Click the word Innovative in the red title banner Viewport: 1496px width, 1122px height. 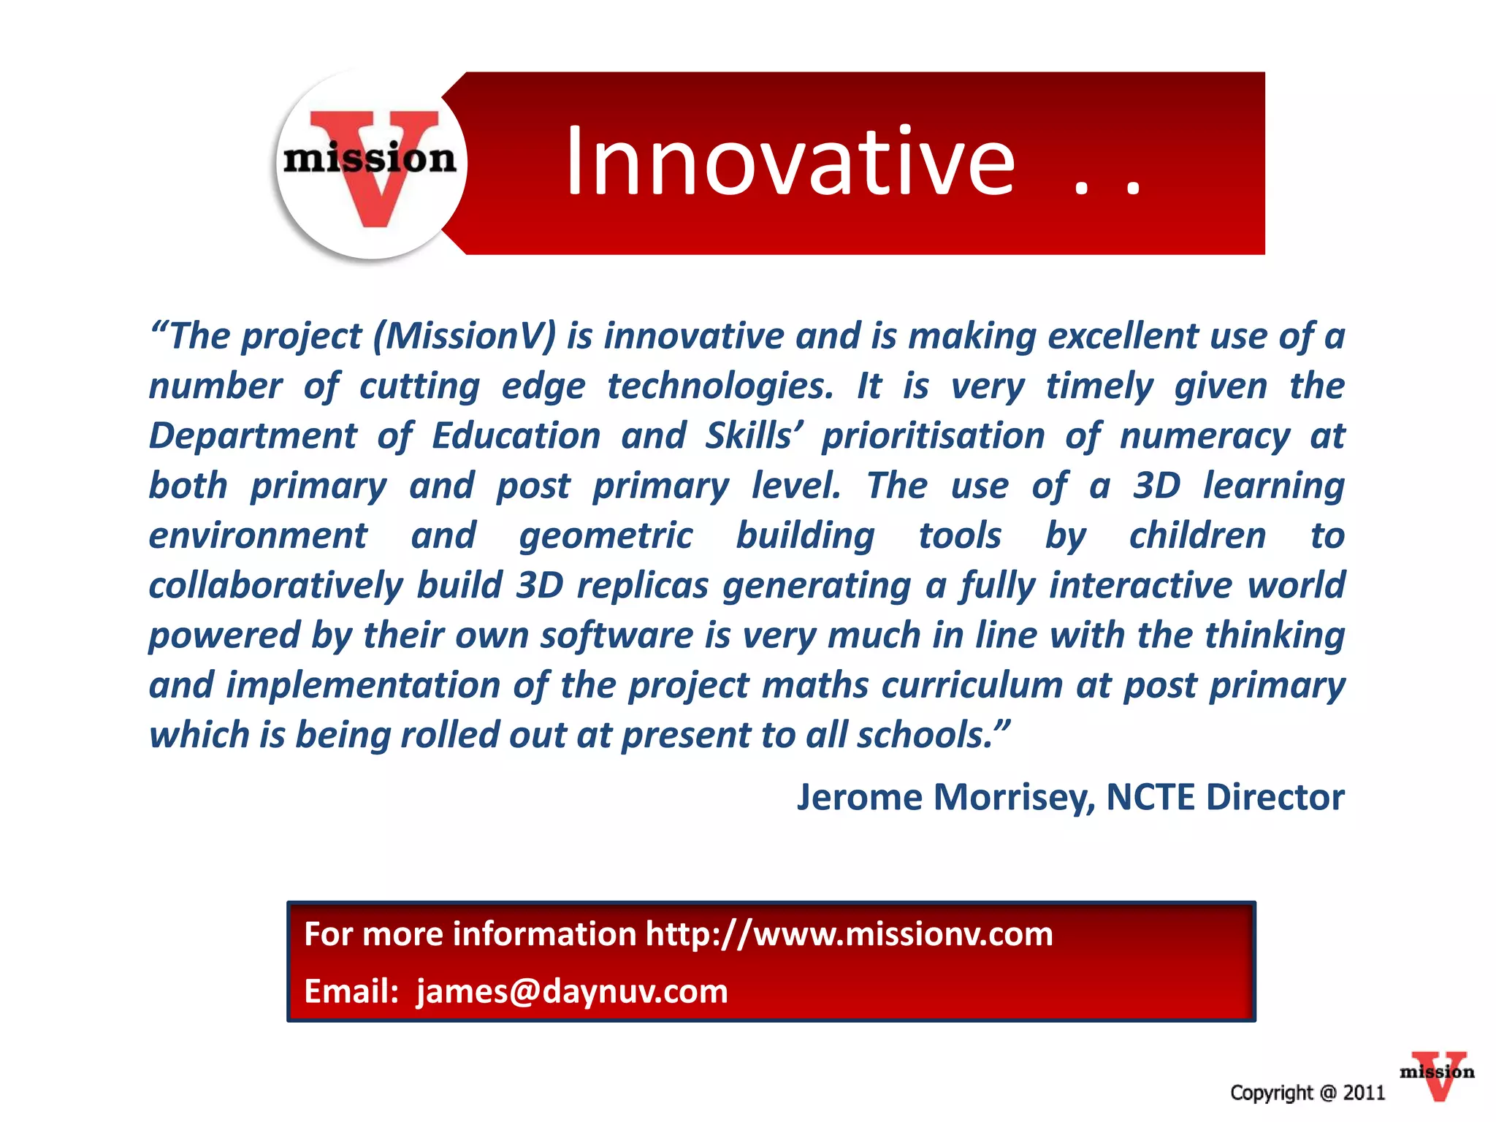790,162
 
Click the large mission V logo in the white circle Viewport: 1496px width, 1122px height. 371,165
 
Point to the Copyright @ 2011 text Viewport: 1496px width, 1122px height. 1308,1093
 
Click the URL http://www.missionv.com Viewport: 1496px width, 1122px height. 849,934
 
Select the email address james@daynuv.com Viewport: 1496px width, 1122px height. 572,991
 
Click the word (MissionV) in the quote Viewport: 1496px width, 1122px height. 465,336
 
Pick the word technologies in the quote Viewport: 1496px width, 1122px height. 720,386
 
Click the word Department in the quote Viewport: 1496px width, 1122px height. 253,436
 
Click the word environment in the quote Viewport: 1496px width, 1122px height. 258,536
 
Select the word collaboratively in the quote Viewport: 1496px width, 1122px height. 275,586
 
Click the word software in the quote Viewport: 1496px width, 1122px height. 617,635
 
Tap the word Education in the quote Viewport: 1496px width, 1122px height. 516,436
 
